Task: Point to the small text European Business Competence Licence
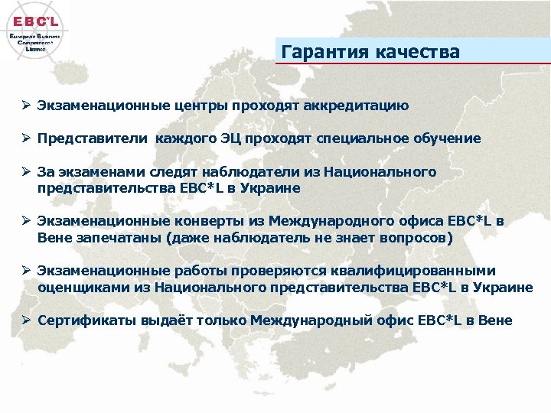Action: pyautogui.click(x=36, y=42)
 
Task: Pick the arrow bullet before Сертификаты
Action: pyautogui.click(x=25, y=320)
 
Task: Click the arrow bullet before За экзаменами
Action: pyautogui.click(x=25, y=173)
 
